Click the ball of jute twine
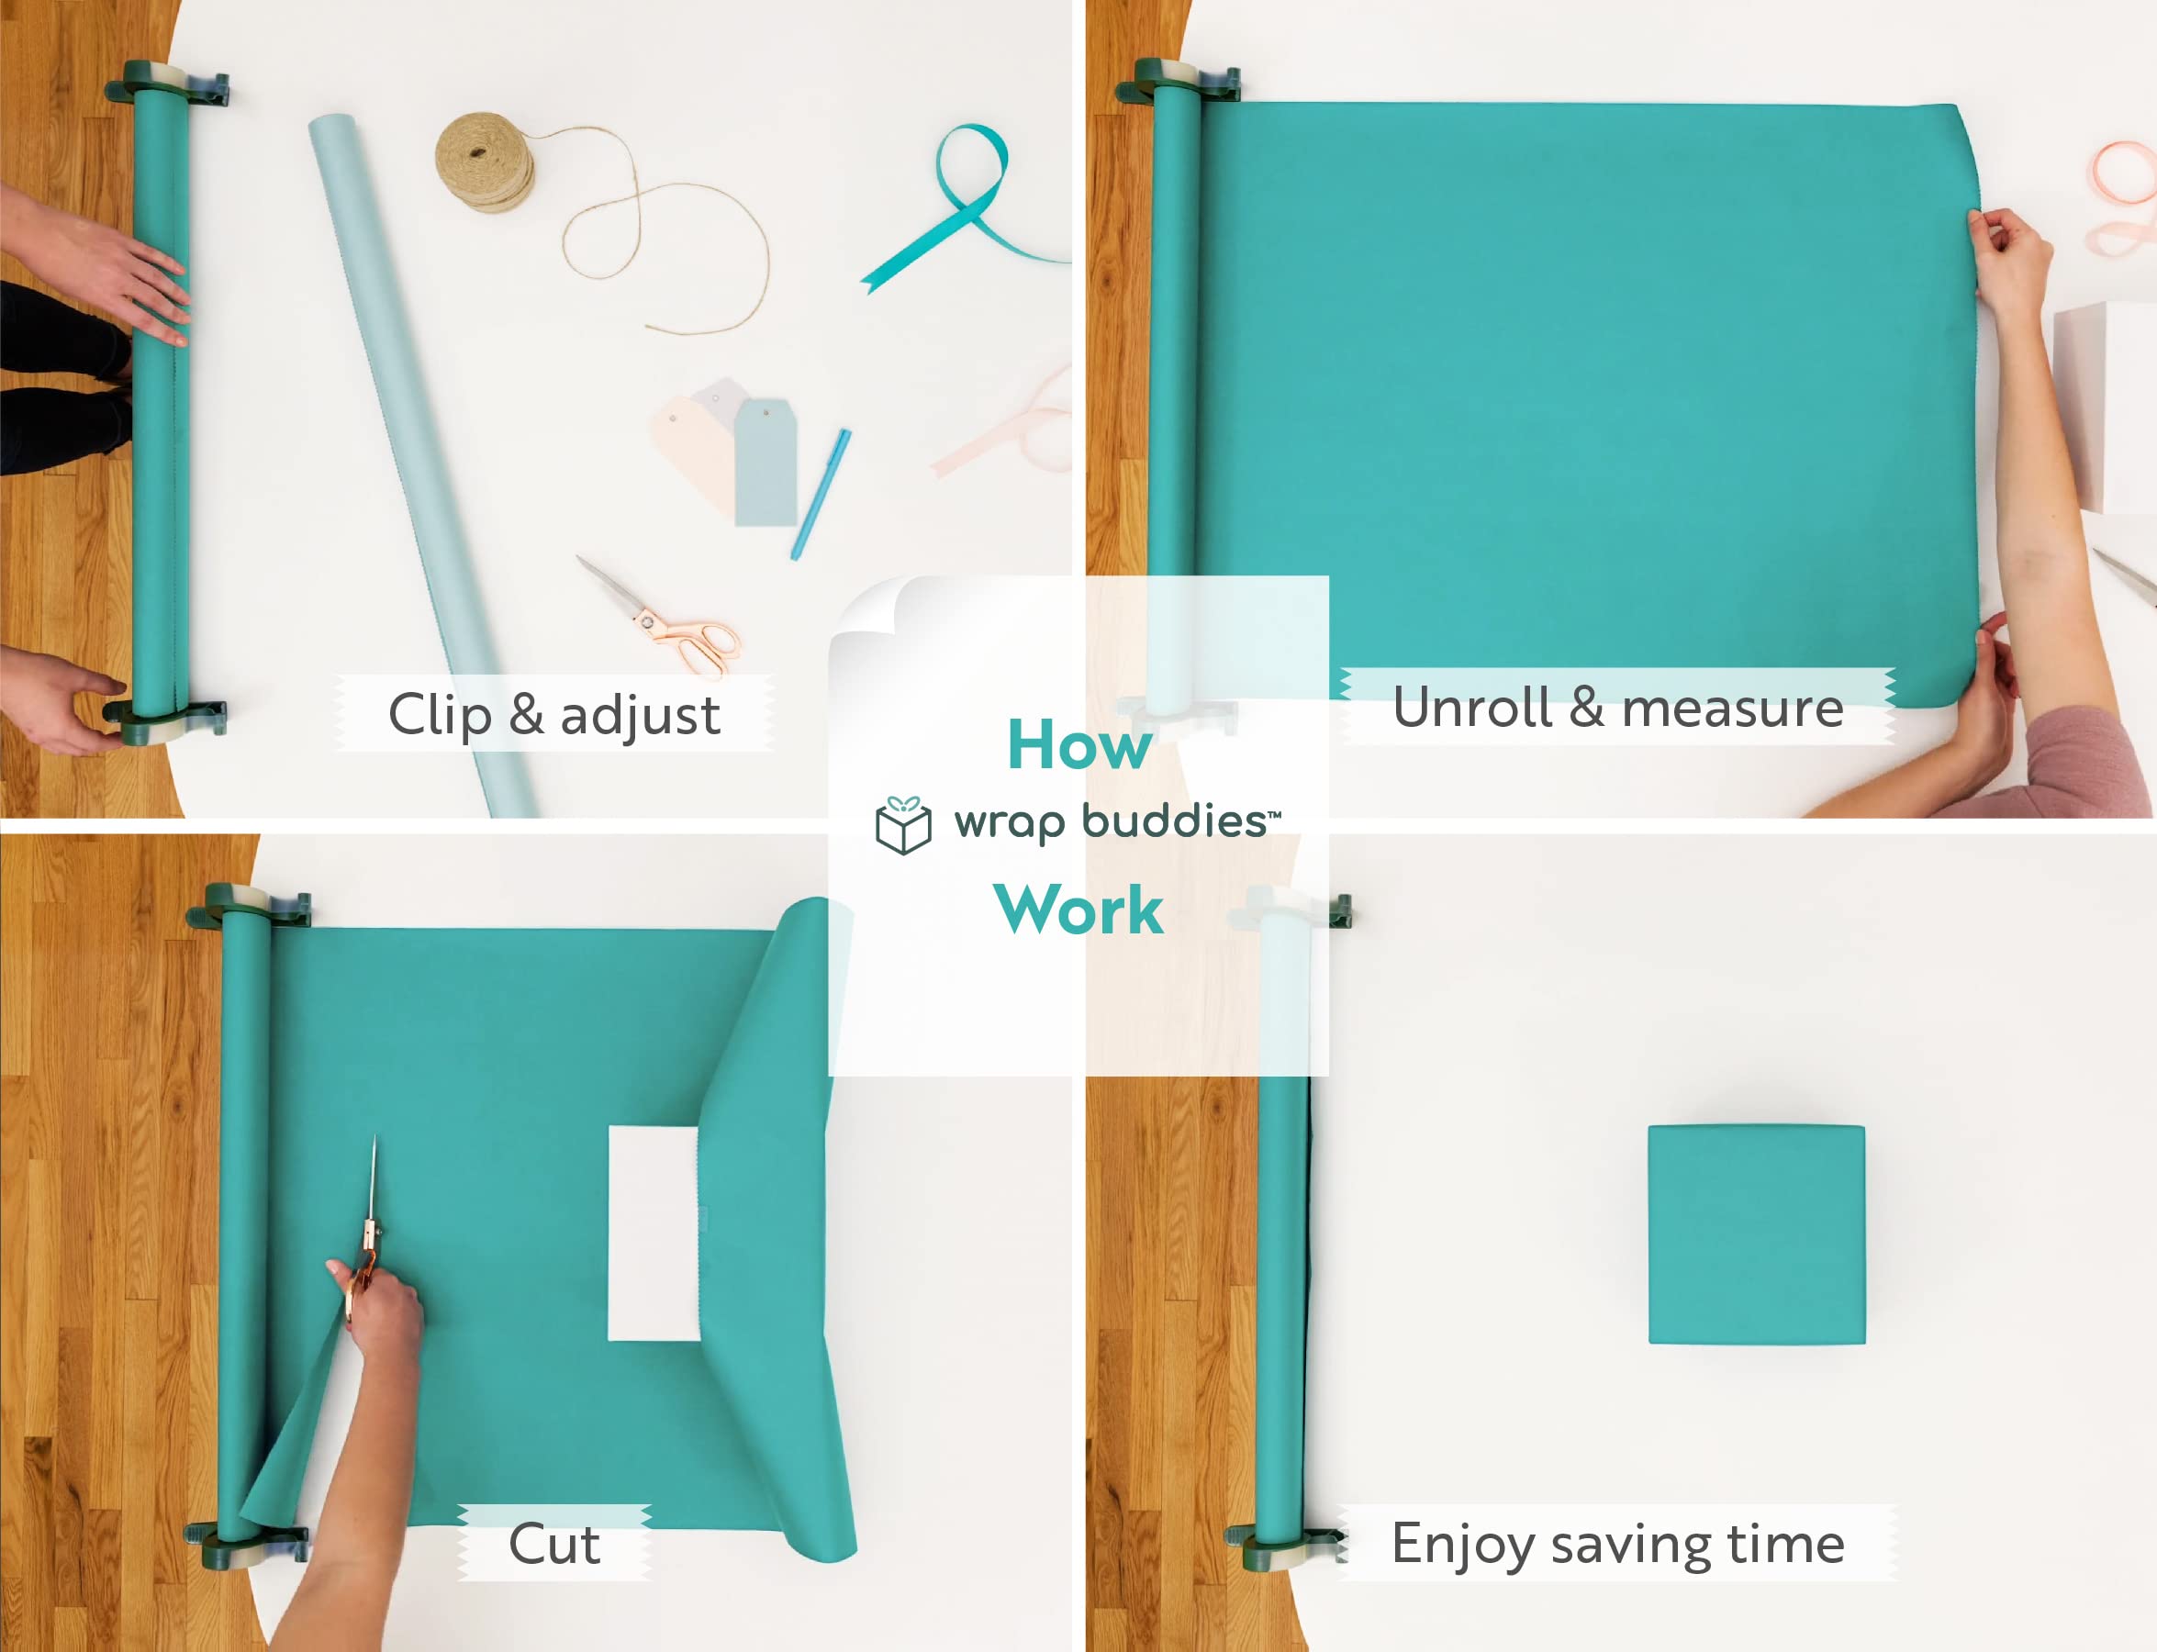point(486,162)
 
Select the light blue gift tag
point(766,463)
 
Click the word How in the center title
point(1079,744)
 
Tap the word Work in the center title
point(1079,910)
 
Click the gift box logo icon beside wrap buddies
point(903,826)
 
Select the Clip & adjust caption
point(554,715)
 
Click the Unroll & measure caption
point(1618,708)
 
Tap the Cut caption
point(553,1544)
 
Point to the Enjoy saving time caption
point(1618,1544)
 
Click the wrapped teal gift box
point(1756,1234)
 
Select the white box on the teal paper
point(654,1234)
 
